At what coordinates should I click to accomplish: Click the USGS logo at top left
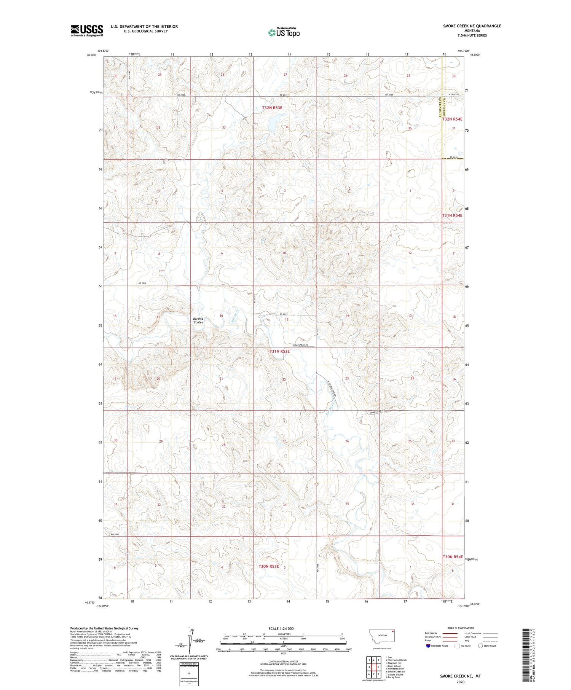point(87,30)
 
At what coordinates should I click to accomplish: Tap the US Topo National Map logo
point(284,32)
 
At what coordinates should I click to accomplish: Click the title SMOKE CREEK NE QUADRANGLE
point(472,26)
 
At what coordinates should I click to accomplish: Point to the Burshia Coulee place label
point(198,320)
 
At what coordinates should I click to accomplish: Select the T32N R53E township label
point(272,108)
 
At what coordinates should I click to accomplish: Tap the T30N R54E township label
point(452,556)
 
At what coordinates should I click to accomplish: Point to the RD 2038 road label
point(142,284)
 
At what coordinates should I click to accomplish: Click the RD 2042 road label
point(115,534)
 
